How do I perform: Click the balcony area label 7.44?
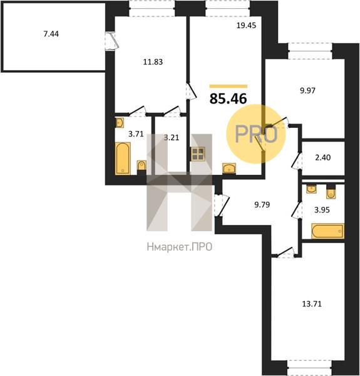coord(51,34)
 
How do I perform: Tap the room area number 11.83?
coord(153,62)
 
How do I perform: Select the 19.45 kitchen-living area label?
coord(246,25)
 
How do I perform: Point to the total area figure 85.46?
coord(228,98)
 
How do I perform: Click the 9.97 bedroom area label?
coord(308,91)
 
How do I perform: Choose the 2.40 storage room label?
coord(323,157)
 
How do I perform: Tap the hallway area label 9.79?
coord(262,204)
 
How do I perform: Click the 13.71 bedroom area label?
coord(312,304)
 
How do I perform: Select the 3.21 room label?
coord(172,138)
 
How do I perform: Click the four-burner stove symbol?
coord(198,154)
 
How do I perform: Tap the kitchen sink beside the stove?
coord(229,168)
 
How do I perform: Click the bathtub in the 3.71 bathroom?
coord(123,159)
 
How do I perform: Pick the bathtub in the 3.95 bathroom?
coord(327,231)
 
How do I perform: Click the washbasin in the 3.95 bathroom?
coord(311,189)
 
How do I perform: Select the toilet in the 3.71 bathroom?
coord(141,167)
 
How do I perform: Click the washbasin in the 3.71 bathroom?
coord(120,123)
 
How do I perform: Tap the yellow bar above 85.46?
coord(229,86)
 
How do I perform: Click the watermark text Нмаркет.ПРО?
coord(180,247)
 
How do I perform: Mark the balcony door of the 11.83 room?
coord(111,41)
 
